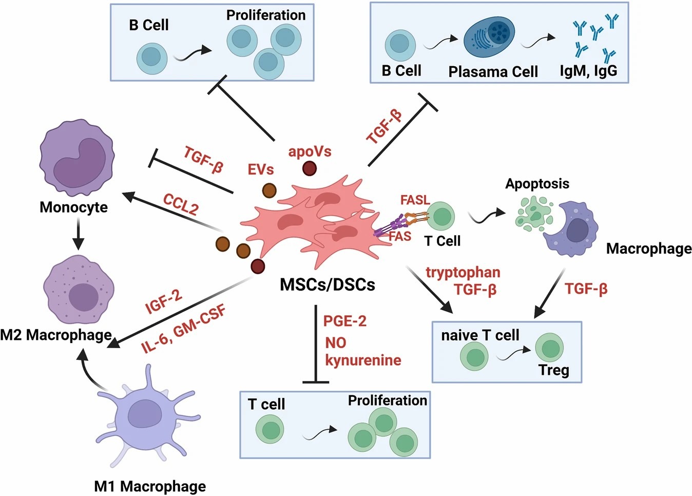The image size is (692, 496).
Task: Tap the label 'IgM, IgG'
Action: click(588, 70)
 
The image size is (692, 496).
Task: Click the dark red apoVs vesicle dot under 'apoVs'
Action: click(309, 168)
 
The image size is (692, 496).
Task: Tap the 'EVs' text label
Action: click(261, 169)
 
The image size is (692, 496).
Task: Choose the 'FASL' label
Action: click(415, 200)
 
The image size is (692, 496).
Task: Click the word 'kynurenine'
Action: click(363, 360)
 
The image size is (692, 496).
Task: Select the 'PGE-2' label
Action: click(344, 321)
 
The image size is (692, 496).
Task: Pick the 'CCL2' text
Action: click(181, 204)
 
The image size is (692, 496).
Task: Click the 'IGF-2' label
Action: click(163, 301)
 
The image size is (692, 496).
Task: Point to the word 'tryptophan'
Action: click(463, 272)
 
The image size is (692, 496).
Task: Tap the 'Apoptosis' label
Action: click(537, 183)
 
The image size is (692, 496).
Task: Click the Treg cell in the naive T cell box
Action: click(550, 348)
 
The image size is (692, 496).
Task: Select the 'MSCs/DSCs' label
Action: click(327, 284)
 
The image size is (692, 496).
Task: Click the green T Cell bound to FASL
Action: click(441, 216)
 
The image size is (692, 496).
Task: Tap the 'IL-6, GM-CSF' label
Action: click(184, 330)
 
